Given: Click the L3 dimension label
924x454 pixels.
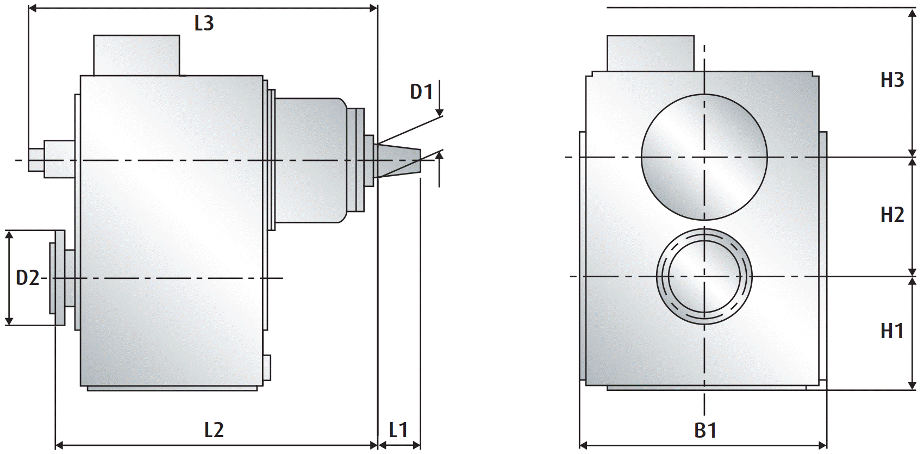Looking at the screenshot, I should pyautogui.click(x=204, y=23).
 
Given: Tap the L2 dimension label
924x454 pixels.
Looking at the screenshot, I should pyautogui.click(x=214, y=430).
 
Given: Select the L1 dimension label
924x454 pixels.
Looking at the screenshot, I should pyautogui.click(x=398, y=430).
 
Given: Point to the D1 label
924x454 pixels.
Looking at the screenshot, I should pyautogui.click(x=421, y=92).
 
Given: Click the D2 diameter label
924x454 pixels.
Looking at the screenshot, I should pyautogui.click(x=27, y=278).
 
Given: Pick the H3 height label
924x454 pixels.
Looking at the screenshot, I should pyautogui.click(x=892, y=80).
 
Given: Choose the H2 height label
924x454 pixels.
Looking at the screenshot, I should pyautogui.click(x=892, y=215).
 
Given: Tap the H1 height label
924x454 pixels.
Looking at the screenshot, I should pyautogui.click(x=892, y=331).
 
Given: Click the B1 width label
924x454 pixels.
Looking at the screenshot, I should pyautogui.click(x=705, y=431).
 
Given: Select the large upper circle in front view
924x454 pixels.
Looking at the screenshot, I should pyautogui.click(x=704, y=157).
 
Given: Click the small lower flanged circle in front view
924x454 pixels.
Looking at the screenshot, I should pyautogui.click(x=704, y=276).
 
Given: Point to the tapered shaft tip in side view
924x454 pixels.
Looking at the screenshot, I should pyautogui.click(x=399, y=160).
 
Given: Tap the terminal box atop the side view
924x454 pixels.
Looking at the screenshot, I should pyautogui.click(x=136, y=55).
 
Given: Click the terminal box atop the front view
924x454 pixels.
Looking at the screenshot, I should pyautogui.click(x=650, y=53).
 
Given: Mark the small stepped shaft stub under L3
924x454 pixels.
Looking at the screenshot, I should pyautogui.click(x=52, y=159).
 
